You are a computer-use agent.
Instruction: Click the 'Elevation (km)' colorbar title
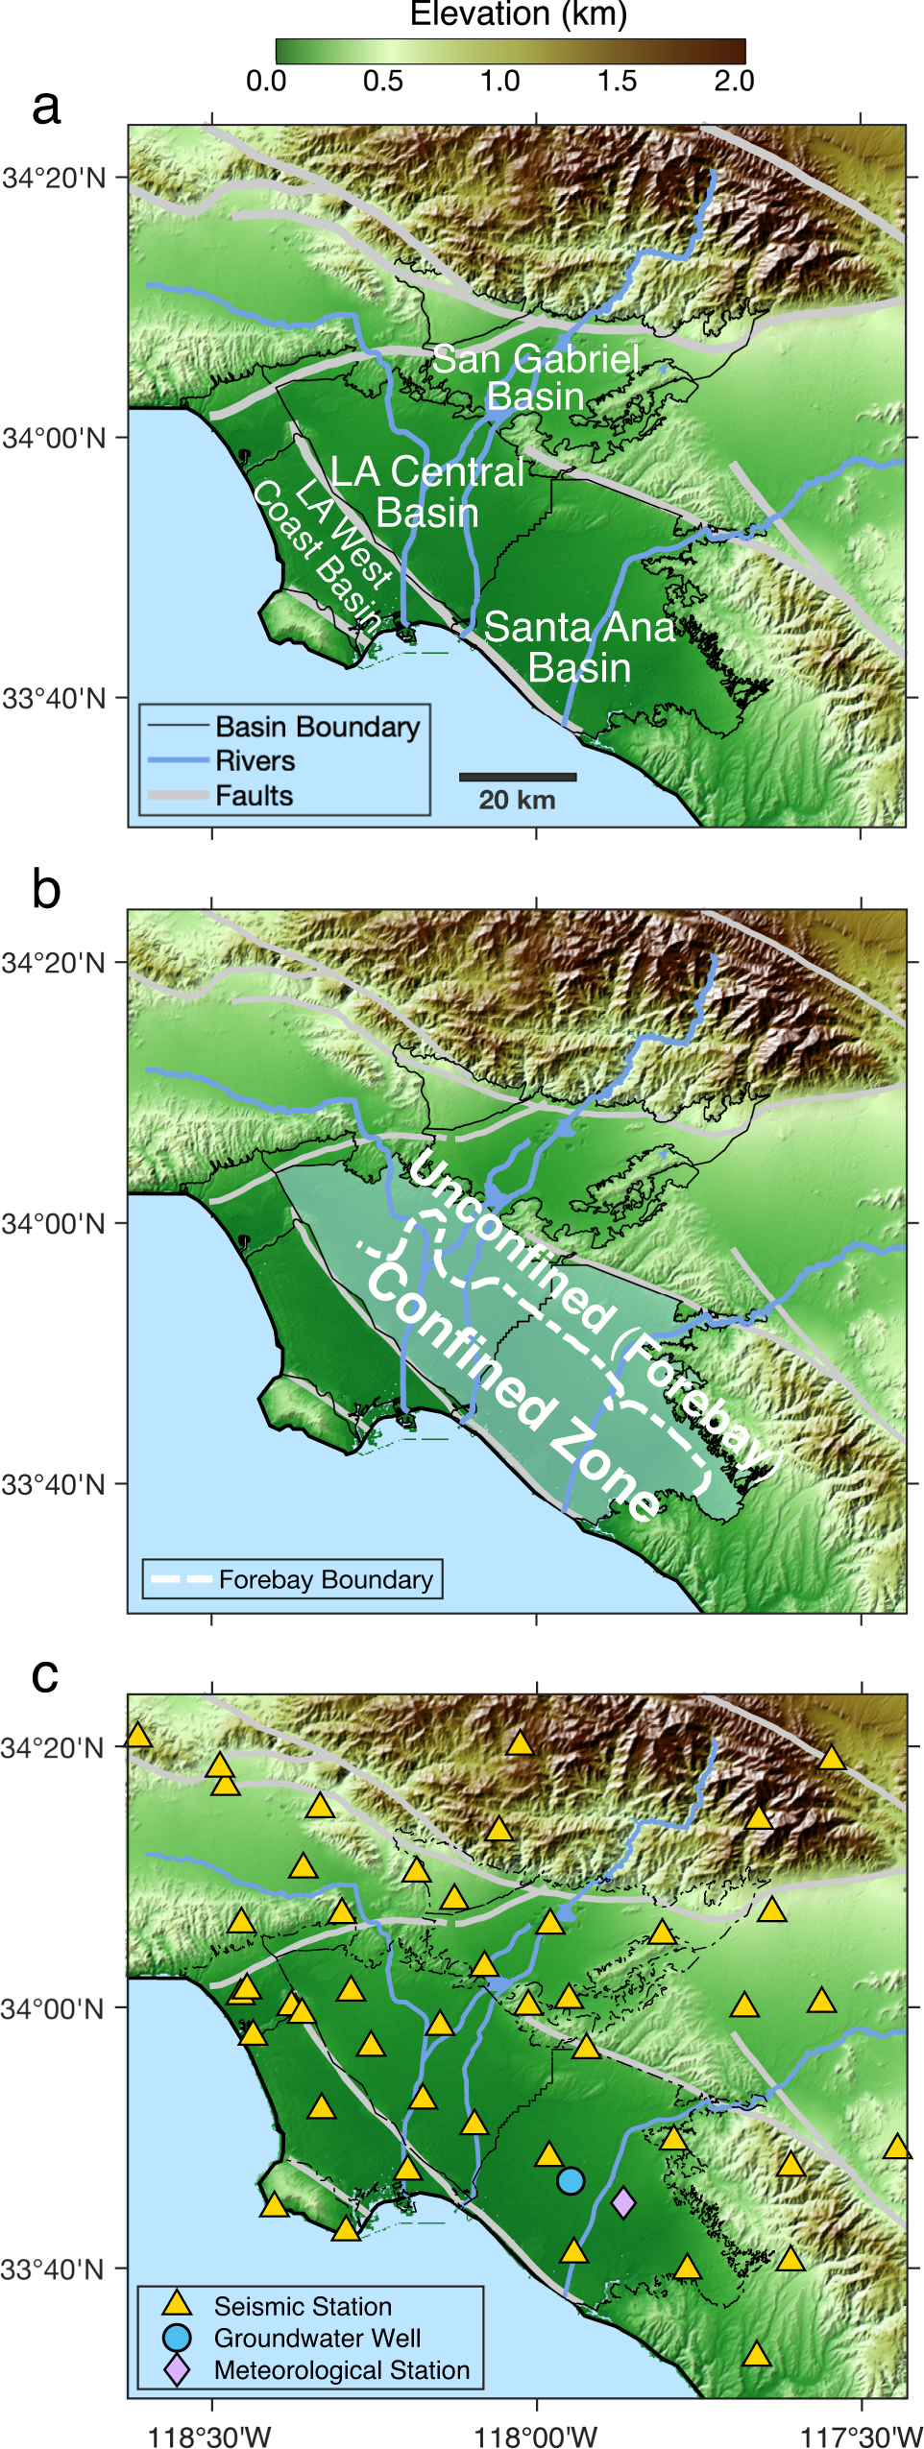tap(518, 14)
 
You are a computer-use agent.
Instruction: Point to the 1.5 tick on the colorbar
tap(617, 81)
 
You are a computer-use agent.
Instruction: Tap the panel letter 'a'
tap(46, 107)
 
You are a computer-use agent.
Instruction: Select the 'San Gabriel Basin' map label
tap(535, 377)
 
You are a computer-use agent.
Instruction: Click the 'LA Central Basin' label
tap(427, 492)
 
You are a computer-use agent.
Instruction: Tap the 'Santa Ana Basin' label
tap(579, 647)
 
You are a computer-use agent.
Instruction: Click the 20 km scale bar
tap(518, 777)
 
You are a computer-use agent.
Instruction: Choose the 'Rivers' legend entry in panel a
tap(255, 761)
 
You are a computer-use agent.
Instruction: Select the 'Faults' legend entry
tap(254, 796)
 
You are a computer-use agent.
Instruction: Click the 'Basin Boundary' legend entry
tap(317, 727)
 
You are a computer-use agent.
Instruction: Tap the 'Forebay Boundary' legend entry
tap(325, 1579)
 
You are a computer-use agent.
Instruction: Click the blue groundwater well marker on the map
tap(571, 2180)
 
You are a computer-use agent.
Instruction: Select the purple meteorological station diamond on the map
tap(623, 2202)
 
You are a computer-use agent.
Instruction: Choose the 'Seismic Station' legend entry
tap(302, 2306)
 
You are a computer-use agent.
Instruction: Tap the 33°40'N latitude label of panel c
tap(54, 2269)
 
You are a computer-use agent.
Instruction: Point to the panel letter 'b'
tap(46, 890)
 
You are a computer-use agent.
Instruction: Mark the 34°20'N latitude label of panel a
tap(54, 179)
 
